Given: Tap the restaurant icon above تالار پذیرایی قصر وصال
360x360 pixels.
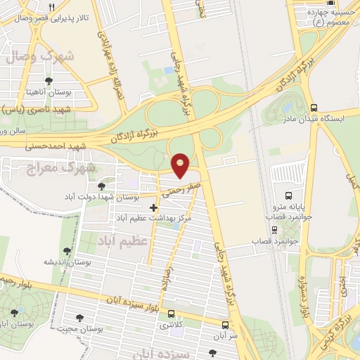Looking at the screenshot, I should (52, 6).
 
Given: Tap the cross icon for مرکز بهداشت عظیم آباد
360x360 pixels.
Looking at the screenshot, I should (154, 207).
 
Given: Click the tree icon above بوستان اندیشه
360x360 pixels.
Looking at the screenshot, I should (67, 250).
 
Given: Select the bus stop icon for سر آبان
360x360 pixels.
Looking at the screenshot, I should (225, 326).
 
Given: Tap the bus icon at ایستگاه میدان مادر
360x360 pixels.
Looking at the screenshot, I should (313, 108).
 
